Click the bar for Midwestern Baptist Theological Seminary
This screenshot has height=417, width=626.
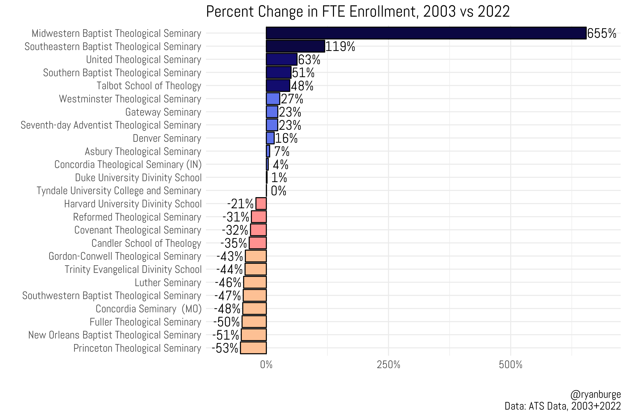(x=426, y=33)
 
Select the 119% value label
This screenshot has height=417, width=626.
(x=340, y=47)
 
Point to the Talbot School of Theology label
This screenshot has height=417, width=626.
(x=149, y=86)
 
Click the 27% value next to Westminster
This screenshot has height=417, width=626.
(x=292, y=99)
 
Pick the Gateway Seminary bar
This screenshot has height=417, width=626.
(x=272, y=112)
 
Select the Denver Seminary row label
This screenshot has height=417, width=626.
(x=167, y=138)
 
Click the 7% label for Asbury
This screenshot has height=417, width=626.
(x=282, y=151)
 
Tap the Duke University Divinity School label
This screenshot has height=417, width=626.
(x=138, y=178)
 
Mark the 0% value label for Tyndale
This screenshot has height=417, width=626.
(x=278, y=191)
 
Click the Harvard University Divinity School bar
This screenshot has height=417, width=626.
(x=261, y=204)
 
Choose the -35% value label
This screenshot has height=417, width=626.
(x=234, y=243)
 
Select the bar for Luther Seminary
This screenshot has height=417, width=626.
(x=255, y=282)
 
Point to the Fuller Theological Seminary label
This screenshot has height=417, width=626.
(x=145, y=322)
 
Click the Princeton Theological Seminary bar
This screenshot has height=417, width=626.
(x=253, y=348)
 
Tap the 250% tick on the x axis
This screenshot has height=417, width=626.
(x=388, y=365)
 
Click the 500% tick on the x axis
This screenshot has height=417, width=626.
(x=511, y=365)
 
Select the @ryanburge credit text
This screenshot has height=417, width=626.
(x=595, y=394)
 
